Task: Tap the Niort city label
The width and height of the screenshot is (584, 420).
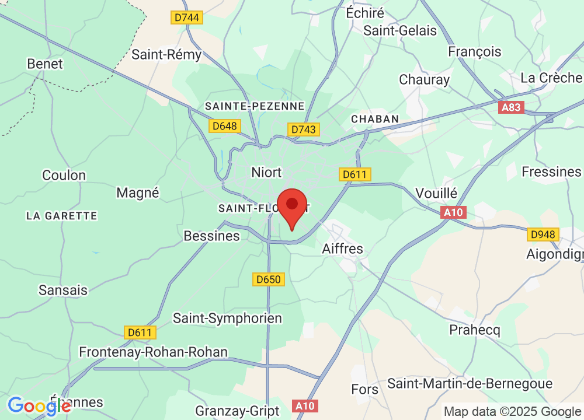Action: (x=266, y=172)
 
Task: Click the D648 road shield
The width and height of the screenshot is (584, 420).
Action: (x=225, y=125)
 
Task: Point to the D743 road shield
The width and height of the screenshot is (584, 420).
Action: (x=304, y=129)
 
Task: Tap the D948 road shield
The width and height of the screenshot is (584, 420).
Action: (x=543, y=235)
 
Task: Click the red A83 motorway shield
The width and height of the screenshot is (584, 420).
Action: (x=512, y=107)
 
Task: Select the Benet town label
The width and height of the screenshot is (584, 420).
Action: (x=45, y=64)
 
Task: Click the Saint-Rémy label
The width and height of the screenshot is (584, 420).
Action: (x=166, y=55)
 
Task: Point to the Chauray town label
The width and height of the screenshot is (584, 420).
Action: (x=425, y=79)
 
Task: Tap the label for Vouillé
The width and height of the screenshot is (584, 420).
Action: (x=437, y=193)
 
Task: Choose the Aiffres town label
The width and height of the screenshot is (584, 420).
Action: (x=342, y=249)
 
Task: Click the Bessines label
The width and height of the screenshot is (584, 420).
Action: (x=211, y=236)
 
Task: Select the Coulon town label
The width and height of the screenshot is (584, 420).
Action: (x=64, y=175)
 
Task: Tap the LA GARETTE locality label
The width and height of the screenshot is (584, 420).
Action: (x=61, y=216)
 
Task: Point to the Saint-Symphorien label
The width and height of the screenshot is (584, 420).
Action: (x=228, y=318)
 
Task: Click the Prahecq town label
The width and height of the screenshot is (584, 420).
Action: (x=475, y=330)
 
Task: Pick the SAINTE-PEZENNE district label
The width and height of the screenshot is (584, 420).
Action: (x=255, y=106)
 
